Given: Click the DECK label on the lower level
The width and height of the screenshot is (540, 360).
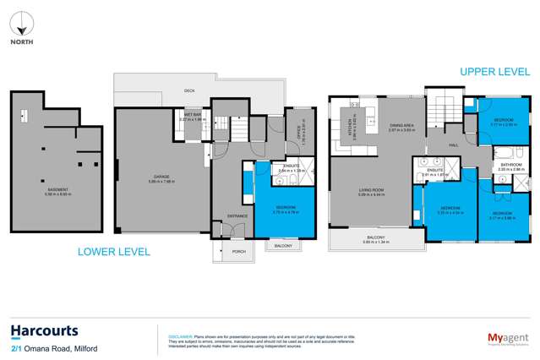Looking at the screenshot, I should [190, 90].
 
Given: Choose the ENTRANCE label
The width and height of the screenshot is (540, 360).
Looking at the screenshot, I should [227, 215].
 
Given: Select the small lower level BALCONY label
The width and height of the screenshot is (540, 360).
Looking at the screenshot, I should [281, 246].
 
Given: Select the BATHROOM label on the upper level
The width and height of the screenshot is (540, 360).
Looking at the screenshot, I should [510, 165].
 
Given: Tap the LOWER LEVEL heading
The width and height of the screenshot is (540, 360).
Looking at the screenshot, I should [113, 251].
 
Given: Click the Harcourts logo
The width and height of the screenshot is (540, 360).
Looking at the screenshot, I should [44, 330].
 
